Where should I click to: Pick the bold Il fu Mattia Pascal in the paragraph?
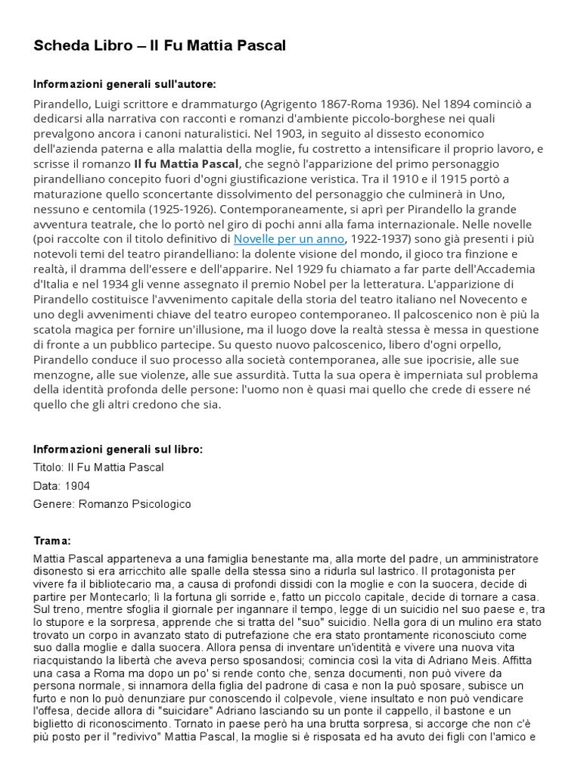pos(187,163)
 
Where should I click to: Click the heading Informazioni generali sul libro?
pos(119,449)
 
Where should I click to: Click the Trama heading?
pos(52,541)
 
